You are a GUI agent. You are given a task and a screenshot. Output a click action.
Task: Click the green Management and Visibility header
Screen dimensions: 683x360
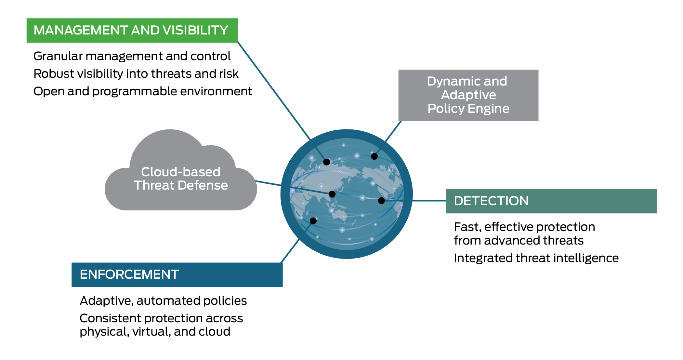tap(132, 30)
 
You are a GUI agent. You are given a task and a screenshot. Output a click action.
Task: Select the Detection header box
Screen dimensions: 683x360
tap(551, 201)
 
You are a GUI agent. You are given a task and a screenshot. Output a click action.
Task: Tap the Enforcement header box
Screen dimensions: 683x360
tap(177, 274)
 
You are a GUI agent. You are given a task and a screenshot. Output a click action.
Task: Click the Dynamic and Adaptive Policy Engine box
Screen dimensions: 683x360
tap(468, 95)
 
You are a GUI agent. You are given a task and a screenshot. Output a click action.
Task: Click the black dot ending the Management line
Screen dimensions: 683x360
tap(327, 162)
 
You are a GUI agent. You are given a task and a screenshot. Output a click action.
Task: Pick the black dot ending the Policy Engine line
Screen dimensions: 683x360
tap(374, 156)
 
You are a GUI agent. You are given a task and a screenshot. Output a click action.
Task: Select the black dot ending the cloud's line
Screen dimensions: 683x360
tap(332, 194)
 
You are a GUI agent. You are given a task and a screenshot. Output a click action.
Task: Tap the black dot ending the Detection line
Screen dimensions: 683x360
tap(382, 201)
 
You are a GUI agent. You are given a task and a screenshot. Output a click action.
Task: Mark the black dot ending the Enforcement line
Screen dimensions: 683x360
tap(313, 221)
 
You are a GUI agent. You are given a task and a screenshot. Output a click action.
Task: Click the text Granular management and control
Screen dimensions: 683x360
tap(132, 56)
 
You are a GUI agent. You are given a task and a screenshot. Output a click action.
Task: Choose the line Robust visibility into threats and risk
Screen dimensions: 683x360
tap(136, 74)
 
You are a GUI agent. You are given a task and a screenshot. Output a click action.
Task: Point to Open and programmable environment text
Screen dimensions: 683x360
tap(143, 91)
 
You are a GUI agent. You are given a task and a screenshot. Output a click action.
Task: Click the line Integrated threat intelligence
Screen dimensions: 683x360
tap(536, 258)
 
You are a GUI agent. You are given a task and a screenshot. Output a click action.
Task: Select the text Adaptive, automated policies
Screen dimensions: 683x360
tap(163, 301)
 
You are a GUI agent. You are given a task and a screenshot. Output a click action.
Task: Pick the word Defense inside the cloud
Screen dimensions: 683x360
tap(203, 185)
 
